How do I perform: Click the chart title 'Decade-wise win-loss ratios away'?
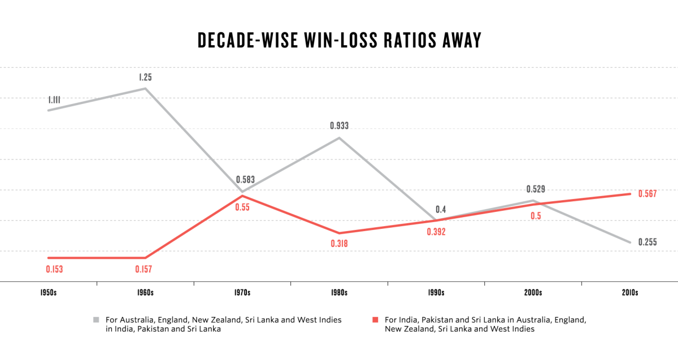(x=339, y=41)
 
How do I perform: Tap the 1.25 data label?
(x=145, y=77)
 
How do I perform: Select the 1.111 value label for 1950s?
(x=54, y=100)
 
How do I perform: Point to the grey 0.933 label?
(x=339, y=126)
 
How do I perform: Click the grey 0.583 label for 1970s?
(x=245, y=180)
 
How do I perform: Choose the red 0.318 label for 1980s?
(x=339, y=244)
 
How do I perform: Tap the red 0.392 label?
(x=436, y=232)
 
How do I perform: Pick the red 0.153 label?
(x=54, y=269)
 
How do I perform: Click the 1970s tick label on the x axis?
(x=242, y=293)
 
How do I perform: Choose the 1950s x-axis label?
(x=49, y=293)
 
